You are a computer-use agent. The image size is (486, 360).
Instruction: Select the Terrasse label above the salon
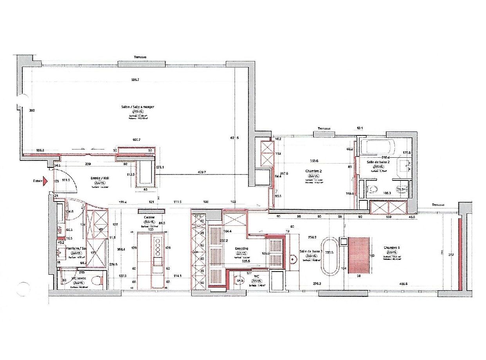point(140,57)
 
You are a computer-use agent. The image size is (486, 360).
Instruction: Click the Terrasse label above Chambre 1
point(439,205)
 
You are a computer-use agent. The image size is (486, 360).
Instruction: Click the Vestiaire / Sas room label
point(74,248)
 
